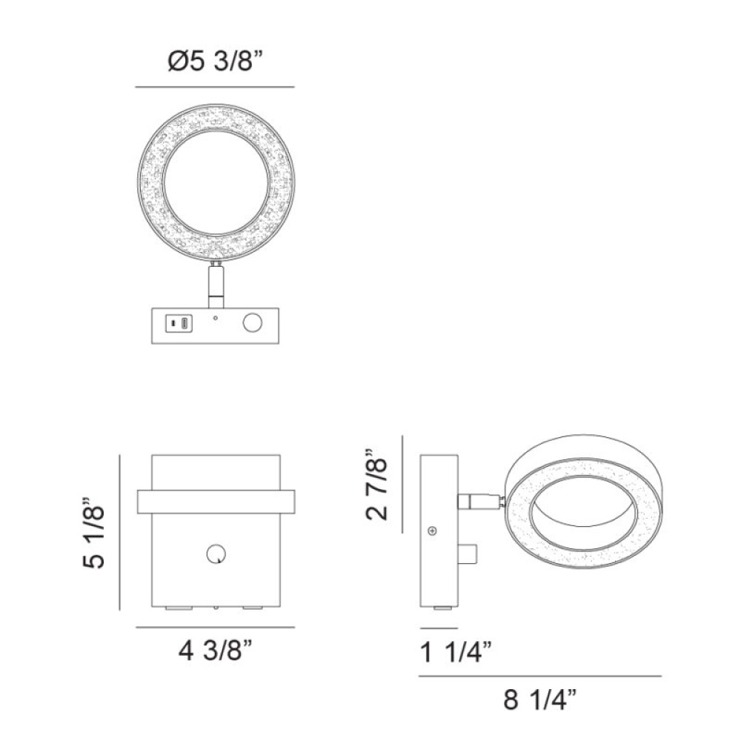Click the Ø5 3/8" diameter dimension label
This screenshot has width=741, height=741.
215,61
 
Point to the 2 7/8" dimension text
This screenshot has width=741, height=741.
377,484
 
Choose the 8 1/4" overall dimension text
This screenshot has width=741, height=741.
540,700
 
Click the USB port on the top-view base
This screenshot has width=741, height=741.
179,323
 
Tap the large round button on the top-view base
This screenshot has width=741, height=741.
253,323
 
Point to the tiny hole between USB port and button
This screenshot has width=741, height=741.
216,318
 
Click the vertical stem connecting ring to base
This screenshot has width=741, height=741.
216,285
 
